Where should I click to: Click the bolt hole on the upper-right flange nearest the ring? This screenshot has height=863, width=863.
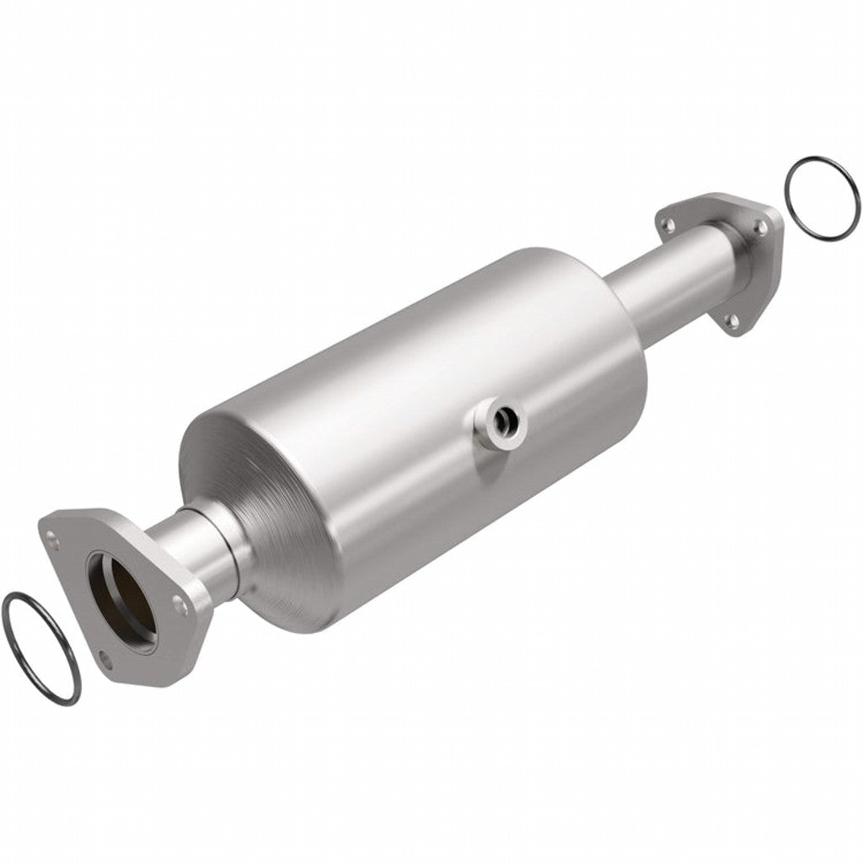click(760, 226)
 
